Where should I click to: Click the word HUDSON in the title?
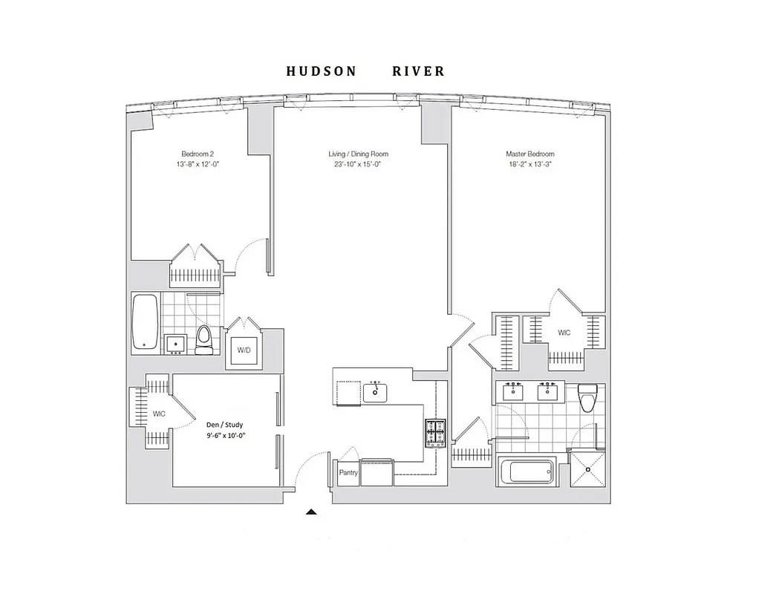(x=321, y=72)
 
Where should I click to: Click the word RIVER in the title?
(x=418, y=72)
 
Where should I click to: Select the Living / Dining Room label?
(x=358, y=154)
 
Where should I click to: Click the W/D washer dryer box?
(x=244, y=349)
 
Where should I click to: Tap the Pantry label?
(x=348, y=472)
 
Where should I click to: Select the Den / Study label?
(x=224, y=425)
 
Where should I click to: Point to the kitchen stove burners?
(x=434, y=432)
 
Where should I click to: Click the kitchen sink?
(x=375, y=391)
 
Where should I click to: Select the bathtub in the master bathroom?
(x=527, y=471)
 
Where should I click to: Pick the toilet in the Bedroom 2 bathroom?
(x=204, y=340)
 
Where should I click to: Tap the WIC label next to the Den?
(x=159, y=413)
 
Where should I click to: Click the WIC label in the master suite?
(x=564, y=333)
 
